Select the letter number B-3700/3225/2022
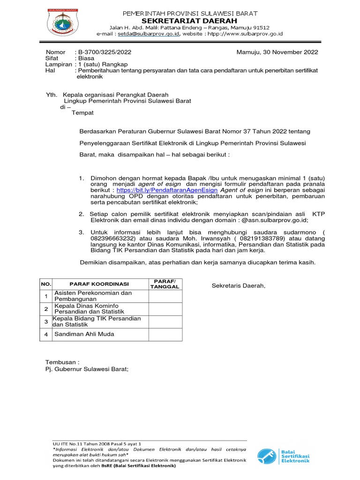(x=105, y=52)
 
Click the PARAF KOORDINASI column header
(x=99, y=284)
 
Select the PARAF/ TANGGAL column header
(x=164, y=284)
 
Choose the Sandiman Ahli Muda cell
(x=84, y=334)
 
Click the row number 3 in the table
(x=46, y=322)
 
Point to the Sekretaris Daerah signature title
(x=239, y=286)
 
